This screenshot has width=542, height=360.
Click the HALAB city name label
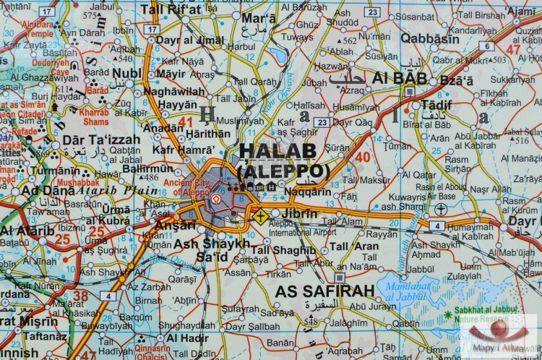click(278, 150)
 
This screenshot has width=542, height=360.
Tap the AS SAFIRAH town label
click(324, 291)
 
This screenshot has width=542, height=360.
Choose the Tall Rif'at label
click(171, 9)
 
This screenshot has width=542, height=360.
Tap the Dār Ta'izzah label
click(92, 140)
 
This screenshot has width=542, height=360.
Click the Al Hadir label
click(188, 338)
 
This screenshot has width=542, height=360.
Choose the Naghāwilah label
click(175, 92)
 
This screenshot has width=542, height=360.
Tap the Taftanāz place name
click(46, 335)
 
